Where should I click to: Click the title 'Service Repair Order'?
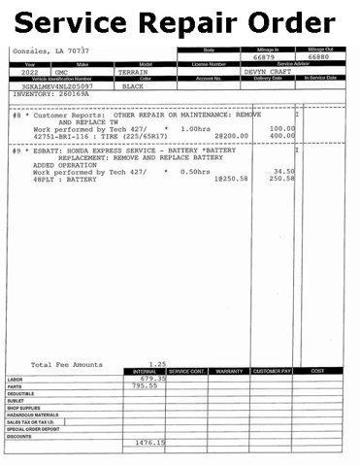point(180,21)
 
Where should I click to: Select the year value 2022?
point(29,72)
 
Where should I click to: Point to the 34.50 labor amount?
point(283,171)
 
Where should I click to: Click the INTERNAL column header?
point(145,371)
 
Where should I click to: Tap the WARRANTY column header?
point(230,371)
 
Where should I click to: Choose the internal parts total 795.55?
point(146,385)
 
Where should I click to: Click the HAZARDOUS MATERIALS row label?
point(33,415)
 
